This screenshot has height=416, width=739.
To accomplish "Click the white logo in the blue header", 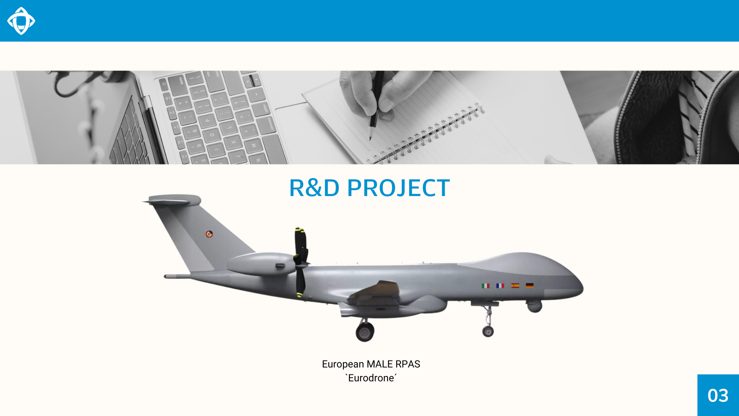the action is (21, 21).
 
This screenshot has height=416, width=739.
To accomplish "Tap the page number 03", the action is (718, 396).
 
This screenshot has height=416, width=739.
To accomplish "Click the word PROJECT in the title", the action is (398, 188).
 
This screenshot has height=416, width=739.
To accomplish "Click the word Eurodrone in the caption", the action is (371, 378).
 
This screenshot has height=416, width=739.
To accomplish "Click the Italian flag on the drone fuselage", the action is (485, 286).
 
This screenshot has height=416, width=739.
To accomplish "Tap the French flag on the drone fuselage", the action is (500, 286).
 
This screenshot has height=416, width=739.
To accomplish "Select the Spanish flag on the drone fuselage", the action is (515, 285).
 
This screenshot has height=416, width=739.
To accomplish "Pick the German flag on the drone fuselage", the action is (530, 285).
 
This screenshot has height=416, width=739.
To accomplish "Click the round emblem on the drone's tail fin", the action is (209, 234).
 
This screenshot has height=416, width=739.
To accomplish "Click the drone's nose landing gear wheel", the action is (488, 331).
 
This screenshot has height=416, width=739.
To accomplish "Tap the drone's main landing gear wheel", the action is (365, 332).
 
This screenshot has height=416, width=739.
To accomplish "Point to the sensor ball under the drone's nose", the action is (535, 306).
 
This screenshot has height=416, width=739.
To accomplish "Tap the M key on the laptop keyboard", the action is (254, 146).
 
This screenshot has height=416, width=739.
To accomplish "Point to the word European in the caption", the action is (343, 364).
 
